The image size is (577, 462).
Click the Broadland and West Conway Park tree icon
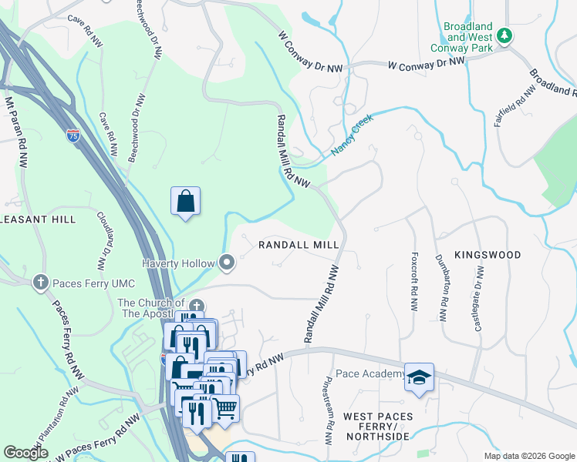(504, 35)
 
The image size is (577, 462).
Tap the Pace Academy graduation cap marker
(419, 377)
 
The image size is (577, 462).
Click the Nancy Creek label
(353, 136)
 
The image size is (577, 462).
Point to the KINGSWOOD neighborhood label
(488, 254)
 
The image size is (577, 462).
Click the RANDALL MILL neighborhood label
(299, 244)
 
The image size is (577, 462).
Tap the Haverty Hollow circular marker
(226, 263)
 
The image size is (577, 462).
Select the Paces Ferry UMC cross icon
(40, 283)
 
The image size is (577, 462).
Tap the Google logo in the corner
(25, 453)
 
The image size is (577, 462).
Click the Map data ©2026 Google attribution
(529, 456)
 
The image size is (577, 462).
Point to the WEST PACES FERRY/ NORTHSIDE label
(377, 427)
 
